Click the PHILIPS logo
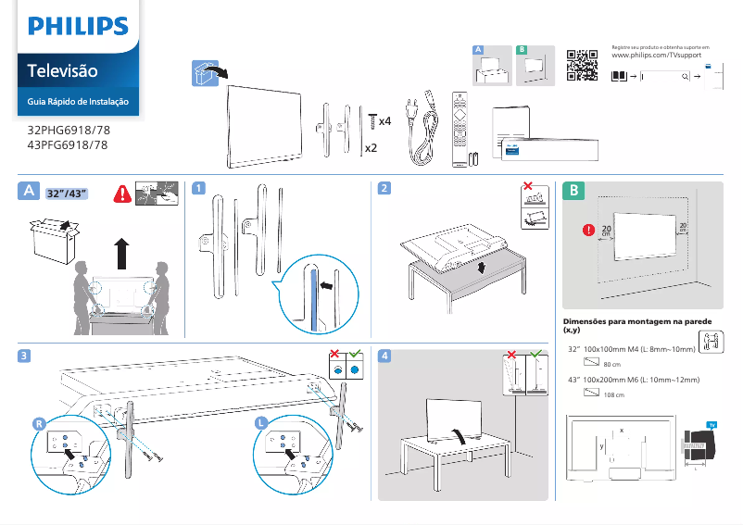click(x=77, y=25)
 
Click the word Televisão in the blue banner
click(x=62, y=70)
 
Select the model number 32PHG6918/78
click(x=68, y=131)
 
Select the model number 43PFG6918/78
click(x=68, y=145)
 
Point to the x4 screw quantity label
click(x=384, y=121)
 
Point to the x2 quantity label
click(x=371, y=148)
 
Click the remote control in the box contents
click(x=459, y=129)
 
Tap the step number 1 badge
click(x=198, y=189)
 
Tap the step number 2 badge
click(x=384, y=189)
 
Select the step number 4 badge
click(x=384, y=355)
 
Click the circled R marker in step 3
click(x=38, y=422)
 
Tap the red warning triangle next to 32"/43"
click(x=121, y=194)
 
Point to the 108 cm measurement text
click(x=613, y=395)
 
